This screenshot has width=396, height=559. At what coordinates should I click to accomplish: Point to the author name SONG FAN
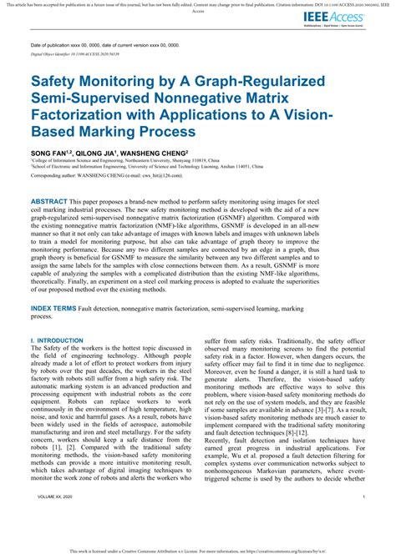(48, 154)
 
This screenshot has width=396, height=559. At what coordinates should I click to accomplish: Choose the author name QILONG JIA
(95, 154)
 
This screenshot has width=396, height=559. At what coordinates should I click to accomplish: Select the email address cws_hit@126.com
(187, 176)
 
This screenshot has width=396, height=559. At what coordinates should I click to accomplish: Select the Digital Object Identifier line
(79, 53)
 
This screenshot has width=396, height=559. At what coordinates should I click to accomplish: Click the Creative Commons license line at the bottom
(198, 552)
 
